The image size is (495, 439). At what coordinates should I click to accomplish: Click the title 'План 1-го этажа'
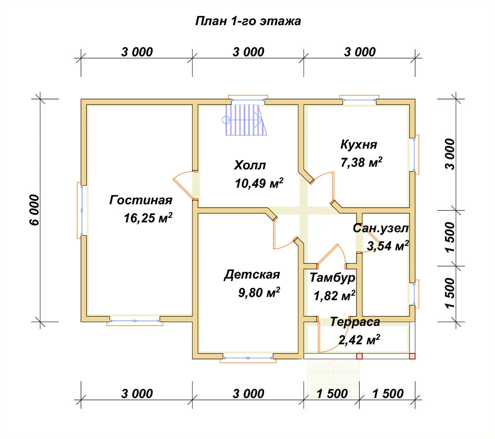click(248, 21)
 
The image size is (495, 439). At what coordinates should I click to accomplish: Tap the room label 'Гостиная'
click(141, 200)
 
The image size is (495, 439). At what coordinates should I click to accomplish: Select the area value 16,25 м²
click(148, 217)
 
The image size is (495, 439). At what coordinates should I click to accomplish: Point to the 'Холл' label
click(250, 165)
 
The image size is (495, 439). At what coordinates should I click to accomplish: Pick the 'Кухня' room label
click(358, 144)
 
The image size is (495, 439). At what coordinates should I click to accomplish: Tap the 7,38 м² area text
click(361, 162)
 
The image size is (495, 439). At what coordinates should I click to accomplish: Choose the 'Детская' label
click(252, 275)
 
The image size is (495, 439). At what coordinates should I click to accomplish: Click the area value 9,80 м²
click(259, 292)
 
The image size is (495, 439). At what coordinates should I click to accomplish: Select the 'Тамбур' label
click(332, 278)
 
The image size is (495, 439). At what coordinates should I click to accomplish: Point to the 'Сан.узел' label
click(381, 228)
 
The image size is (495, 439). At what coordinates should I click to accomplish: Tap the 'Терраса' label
click(355, 322)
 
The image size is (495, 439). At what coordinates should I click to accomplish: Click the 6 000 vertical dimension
click(34, 210)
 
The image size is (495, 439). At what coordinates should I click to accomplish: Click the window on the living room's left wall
click(80, 210)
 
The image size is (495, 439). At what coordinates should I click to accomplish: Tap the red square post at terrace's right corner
click(412, 356)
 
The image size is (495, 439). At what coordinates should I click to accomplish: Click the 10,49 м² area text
click(259, 183)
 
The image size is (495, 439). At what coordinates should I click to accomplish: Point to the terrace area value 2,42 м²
click(359, 340)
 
